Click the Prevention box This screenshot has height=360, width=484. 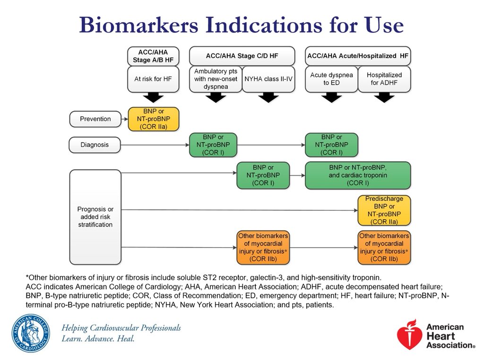pyautogui.click(x=95, y=119)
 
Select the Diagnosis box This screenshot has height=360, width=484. pyautogui.click(x=95, y=145)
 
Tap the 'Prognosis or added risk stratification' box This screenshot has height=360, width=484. pyautogui.click(x=95, y=217)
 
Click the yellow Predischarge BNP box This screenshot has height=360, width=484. pyautogui.click(x=384, y=210)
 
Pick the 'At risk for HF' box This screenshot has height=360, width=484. pyautogui.click(x=153, y=79)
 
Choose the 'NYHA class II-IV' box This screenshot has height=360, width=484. pyautogui.click(x=268, y=79)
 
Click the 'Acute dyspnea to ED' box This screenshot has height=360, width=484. pyautogui.click(x=331, y=79)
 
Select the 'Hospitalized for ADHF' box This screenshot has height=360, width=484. pyautogui.click(x=384, y=79)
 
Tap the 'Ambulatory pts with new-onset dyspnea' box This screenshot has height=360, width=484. pyautogui.click(x=216, y=79)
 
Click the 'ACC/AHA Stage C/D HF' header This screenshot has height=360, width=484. pyautogui.click(x=242, y=56)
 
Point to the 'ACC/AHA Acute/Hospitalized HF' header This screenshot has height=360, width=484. pyautogui.click(x=358, y=56)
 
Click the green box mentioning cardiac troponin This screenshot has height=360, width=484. pyautogui.click(x=358, y=175)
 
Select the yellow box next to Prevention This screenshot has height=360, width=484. pyautogui.click(x=154, y=119)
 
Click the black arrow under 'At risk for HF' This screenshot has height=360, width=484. pyautogui.click(x=154, y=97)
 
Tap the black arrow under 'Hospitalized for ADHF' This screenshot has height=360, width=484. pyautogui.click(x=384, y=97)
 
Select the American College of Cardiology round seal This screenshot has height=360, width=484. pyautogui.click(x=31, y=334)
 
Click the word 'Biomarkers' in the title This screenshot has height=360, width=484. pyautogui.click(x=138, y=25)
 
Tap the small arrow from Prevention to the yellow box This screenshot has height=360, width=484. pyautogui.click(x=124, y=119)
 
